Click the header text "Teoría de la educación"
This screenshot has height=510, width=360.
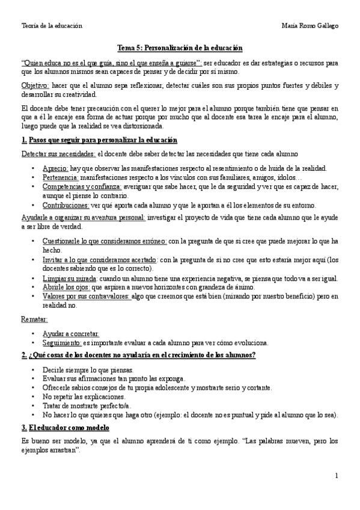52,26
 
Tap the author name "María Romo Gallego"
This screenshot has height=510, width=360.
310,26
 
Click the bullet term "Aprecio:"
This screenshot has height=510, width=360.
55,169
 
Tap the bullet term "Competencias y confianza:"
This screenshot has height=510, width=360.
82,187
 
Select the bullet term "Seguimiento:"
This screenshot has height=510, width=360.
62,343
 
